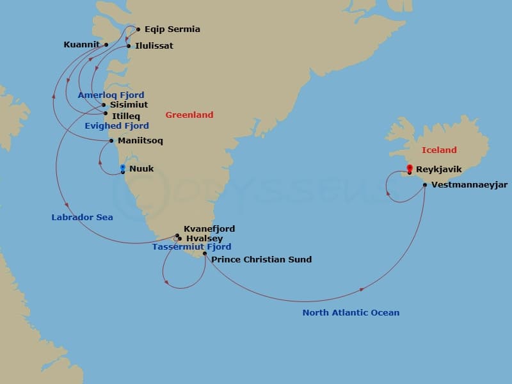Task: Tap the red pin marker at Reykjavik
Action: (x=410, y=169)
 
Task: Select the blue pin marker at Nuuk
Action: (x=123, y=169)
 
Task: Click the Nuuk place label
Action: (x=141, y=169)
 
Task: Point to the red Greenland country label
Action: (x=189, y=115)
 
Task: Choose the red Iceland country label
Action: (x=439, y=150)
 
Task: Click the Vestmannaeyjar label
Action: (x=470, y=185)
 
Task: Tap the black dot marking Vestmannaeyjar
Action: (x=425, y=185)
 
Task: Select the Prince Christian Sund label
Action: (x=261, y=260)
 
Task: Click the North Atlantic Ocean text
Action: (x=351, y=313)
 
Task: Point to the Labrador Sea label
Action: (x=82, y=218)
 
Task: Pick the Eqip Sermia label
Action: (x=172, y=29)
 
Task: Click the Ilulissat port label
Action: (x=154, y=46)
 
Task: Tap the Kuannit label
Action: (x=82, y=45)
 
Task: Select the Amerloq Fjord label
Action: (x=111, y=95)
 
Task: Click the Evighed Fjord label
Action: (x=116, y=126)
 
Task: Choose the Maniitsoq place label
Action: (x=141, y=141)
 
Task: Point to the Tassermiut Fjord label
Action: (x=191, y=247)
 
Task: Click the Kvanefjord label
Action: (x=209, y=228)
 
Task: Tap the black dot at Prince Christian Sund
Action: (x=205, y=254)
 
